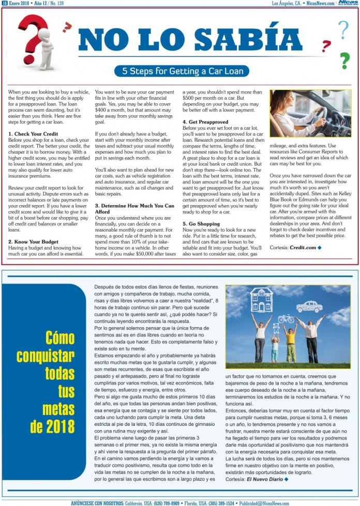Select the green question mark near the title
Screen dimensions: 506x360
pyautogui.click(x=344, y=60)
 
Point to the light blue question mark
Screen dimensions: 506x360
pyautogui.click(x=343, y=30)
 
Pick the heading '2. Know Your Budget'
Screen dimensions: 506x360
pyautogui.click(x=33, y=241)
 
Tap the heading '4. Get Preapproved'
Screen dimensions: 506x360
pyautogui.click(x=205, y=122)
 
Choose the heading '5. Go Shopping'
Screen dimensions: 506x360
pyautogui.click(x=201, y=223)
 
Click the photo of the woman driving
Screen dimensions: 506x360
pyautogui.click(x=309, y=113)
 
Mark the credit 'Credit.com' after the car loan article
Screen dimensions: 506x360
pyautogui.click(x=303, y=248)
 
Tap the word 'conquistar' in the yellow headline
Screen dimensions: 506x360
pyautogui.click(x=46, y=356)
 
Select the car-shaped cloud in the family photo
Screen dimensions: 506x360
pyautogui.click(x=309, y=306)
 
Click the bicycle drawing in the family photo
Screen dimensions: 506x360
pyautogui.click(x=286, y=319)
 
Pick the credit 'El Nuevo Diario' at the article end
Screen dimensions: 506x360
pyautogui.click(x=265, y=479)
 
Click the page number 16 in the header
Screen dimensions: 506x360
pyautogui.click(x=4, y=3)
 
